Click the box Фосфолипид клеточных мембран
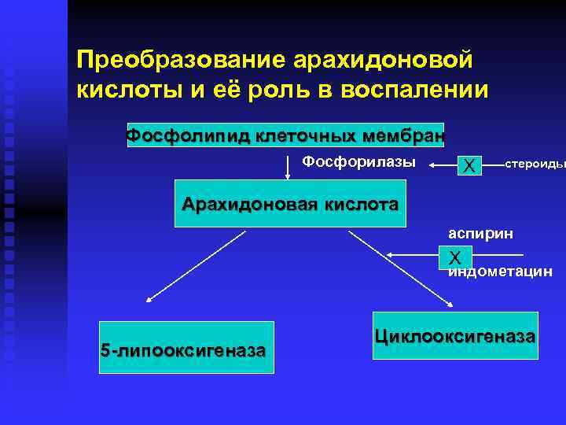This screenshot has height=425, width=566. pyautogui.click(x=285, y=135)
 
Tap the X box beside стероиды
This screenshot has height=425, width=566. pyautogui.click(x=470, y=165)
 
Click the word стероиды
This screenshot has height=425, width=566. pyautogui.click(x=535, y=164)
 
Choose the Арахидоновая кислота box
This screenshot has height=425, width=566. pyautogui.click(x=290, y=205)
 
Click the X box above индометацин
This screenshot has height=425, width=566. pyautogui.click(x=455, y=257)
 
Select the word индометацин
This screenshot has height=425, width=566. pyautogui.click(x=500, y=272)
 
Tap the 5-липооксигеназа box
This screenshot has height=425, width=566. pyautogui.click(x=182, y=347)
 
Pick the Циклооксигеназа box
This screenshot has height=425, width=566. pyautogui.click(x=455, y=336)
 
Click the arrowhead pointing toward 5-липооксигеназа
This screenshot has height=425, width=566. pyautogui.click(x=149, y=299)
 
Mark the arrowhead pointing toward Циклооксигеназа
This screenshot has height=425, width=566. pyautogui.click(x=450, y=305)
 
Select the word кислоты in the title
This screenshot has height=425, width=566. pyautogui.click(x=126, y=90)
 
